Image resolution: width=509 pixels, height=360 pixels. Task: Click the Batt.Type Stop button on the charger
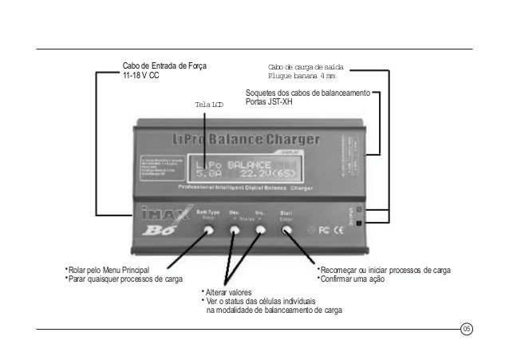click(x=209, y=230)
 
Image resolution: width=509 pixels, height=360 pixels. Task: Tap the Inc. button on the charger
click(x=261, y=230)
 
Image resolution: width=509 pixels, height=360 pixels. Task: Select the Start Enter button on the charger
click(x=286, y=230)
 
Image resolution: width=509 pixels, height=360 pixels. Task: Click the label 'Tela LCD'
click(x=208, y=105)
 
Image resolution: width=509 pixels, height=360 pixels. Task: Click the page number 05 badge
click(x=468, y=328)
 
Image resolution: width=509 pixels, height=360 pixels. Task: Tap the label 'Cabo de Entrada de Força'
click(x=164, y=65)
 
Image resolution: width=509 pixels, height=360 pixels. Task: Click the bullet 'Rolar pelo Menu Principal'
click(x=110, y=271)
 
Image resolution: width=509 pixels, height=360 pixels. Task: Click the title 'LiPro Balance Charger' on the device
click(x=245, y=140)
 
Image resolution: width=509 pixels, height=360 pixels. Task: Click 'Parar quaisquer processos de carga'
click(x=126, y=279)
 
